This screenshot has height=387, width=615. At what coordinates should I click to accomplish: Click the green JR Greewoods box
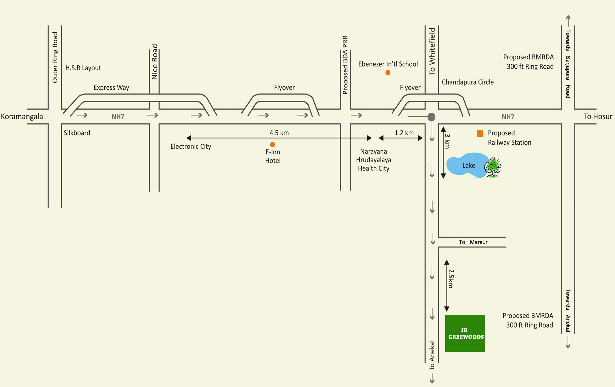click(x=465, y=333)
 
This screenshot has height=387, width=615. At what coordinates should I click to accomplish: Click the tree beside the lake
click(x=493, y=167)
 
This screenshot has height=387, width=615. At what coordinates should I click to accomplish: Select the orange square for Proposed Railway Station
click(x=480, y=134)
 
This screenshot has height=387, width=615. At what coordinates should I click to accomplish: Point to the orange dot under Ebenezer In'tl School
click(x=388, y=73)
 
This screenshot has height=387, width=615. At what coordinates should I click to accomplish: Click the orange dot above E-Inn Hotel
click(x=272, y=144)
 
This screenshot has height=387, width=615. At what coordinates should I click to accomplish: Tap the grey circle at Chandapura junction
click(x=431, y=117)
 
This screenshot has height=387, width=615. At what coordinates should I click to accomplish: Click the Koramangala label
click(x=22, y=116)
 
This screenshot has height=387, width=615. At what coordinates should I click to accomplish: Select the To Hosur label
click(x=598, y=116)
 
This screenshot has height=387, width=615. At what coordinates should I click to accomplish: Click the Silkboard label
click(x=77, y=133)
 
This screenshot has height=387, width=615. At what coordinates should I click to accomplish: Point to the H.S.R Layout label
click(x=83, y=68)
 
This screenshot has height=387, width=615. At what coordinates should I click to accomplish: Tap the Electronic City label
click(x=191, y=146)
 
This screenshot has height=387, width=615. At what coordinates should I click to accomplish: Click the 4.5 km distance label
click(x=279, y=133)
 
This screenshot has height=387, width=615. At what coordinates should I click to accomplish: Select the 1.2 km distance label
click(x=404, y=133)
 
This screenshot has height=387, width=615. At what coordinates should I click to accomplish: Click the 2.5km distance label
click(x=451, y=279)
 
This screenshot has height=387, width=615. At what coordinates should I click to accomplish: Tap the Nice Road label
click(x=154, y=62)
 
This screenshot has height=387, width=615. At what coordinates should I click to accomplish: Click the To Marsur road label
click(x=473, y=242)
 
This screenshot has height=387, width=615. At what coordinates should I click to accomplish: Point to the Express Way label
click(x=111, y=87)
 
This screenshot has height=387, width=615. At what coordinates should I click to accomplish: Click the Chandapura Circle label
click(x=468, y=82)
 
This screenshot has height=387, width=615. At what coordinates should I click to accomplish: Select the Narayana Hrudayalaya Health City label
click(x=374, y=160)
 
